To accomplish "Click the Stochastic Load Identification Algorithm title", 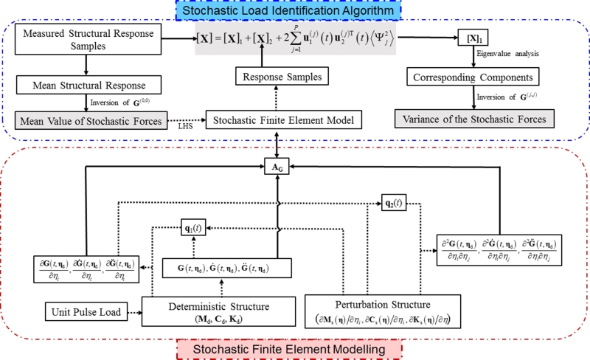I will click(294, 10).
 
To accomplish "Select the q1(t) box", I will click(195, 229).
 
